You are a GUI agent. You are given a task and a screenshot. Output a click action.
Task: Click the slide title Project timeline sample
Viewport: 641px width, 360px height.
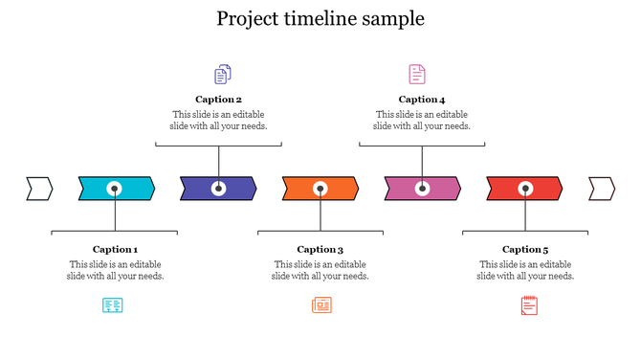click(x=320, y=19)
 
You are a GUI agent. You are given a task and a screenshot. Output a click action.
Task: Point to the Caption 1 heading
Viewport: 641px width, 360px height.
click(x=115, y=250)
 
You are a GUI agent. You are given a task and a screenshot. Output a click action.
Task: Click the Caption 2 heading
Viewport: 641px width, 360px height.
click(x=218, y=100)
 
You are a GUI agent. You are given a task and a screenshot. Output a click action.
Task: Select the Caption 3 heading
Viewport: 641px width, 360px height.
click(x=320, y=250)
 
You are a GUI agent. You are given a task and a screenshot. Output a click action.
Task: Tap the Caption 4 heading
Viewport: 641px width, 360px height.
click(x=422, y=100)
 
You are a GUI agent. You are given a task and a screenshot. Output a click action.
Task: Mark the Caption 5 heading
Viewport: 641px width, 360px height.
click(x=525, y=250)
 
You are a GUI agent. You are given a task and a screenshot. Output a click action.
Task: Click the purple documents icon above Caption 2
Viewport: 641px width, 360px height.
click(x=223, y=74)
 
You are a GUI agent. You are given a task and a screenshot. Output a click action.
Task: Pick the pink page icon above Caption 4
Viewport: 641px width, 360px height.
click(x=417, y=74)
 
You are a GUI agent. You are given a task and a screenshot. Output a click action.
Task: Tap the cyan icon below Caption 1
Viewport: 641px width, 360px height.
click(x=113, y=305)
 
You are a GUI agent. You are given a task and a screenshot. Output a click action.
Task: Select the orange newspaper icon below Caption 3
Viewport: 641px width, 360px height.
click(x=321, y=305)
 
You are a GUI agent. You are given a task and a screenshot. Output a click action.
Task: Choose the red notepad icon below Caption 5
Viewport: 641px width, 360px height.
click(x=529, y=305)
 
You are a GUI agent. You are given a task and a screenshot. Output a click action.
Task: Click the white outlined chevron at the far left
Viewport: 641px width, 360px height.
click(x=39, y=189)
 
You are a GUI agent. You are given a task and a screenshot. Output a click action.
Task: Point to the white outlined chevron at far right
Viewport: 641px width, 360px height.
click(x=601, y=189)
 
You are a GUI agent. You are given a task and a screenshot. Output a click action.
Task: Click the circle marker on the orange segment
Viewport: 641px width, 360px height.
click(x=320, y=189)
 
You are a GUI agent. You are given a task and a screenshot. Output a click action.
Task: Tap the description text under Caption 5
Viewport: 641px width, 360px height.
click(x=525, y=270)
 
